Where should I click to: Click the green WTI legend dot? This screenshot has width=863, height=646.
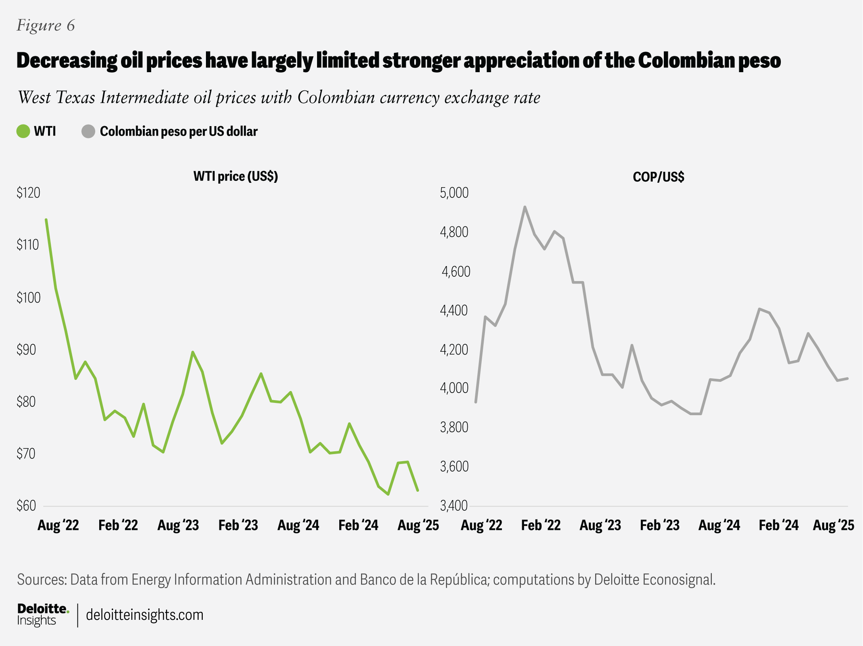click(x=23, y=131)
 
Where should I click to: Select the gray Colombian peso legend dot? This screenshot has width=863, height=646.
click(x=88, y=131)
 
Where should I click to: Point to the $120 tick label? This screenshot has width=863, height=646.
click(x=28, y=193)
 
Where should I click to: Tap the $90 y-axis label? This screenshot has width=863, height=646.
click(x=26, y=349)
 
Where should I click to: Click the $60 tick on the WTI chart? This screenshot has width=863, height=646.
click(x=26, y=506)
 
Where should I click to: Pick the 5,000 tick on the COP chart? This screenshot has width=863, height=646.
click(x=454, y=193)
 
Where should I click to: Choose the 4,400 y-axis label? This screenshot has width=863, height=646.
click(x=454, y=310)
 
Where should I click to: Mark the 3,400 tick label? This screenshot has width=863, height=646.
click(x=454, y=506)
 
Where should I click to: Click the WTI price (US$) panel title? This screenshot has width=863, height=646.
click(x=236, y=176)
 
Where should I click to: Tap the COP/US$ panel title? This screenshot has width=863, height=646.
click(x=658, y=177)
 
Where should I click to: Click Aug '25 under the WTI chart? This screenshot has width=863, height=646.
click(x=418, y=525)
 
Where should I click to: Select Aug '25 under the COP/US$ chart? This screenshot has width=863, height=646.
click(x=833, y=525)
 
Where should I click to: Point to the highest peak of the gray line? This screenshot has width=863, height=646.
click(x=525, y=207)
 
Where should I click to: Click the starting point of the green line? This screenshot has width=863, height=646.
click(x=46, y=220)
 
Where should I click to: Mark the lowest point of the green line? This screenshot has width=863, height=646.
click(x=388, y=494)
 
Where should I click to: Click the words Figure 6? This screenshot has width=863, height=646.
click(x=46, y=25)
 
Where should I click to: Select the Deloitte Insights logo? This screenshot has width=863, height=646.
click(x=42, y=614)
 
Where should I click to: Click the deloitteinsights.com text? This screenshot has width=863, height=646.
click(x=144, y=615)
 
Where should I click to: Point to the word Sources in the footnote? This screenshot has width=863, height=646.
click(x=41, y=579)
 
